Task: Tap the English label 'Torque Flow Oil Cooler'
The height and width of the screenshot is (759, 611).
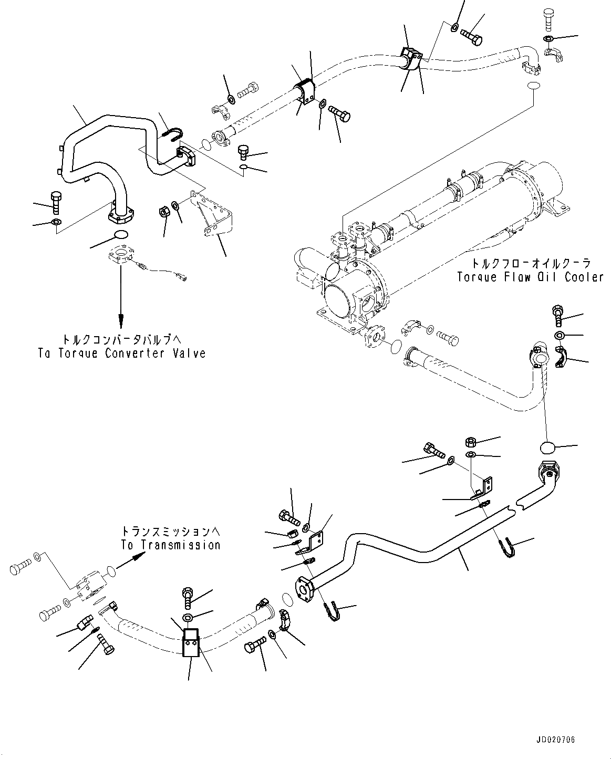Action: click(x=530, y=277)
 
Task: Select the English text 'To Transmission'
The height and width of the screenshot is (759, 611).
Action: click(x=171, y=545)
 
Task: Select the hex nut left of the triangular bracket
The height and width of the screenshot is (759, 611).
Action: click(x=163, y=212)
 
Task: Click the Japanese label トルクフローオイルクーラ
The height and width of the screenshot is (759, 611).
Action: click(x=530, y=263)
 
